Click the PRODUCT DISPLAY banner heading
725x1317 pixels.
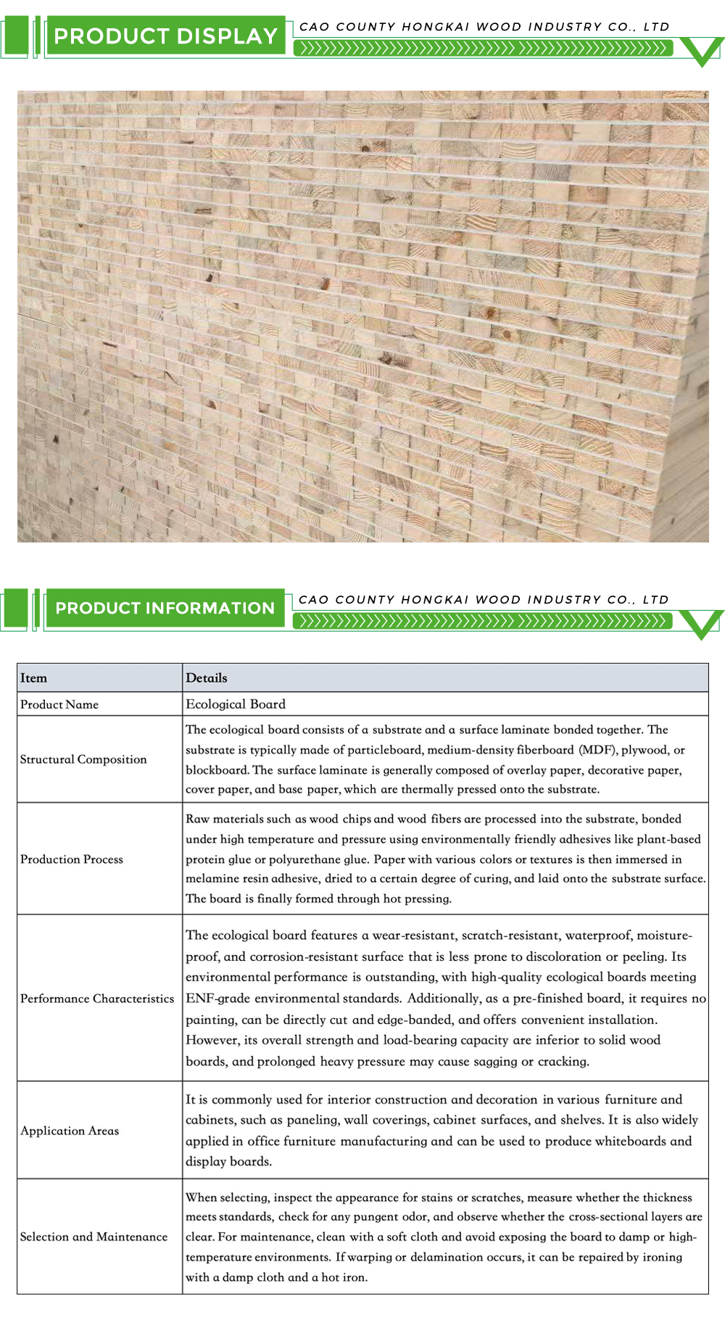coord(165,36)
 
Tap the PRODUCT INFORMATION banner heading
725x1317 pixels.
coord(165,608)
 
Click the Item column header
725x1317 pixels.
coord(33,678)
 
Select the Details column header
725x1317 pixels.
coord(207,678)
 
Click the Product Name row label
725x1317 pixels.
coord(59,704)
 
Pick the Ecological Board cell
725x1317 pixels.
coord(236,704)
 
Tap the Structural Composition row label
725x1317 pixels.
coord(83,759)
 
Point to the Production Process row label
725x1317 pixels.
coord(72,859)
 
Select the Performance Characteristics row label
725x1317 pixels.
coord(97,999)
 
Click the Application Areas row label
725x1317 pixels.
coord(70,1131)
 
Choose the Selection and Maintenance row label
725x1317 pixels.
coord(94,1237)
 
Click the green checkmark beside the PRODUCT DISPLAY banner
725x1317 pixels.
coord(702,51)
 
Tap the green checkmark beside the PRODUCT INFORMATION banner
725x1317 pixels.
coord(702,624)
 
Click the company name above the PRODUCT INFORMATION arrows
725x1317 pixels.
coord(484,600)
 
